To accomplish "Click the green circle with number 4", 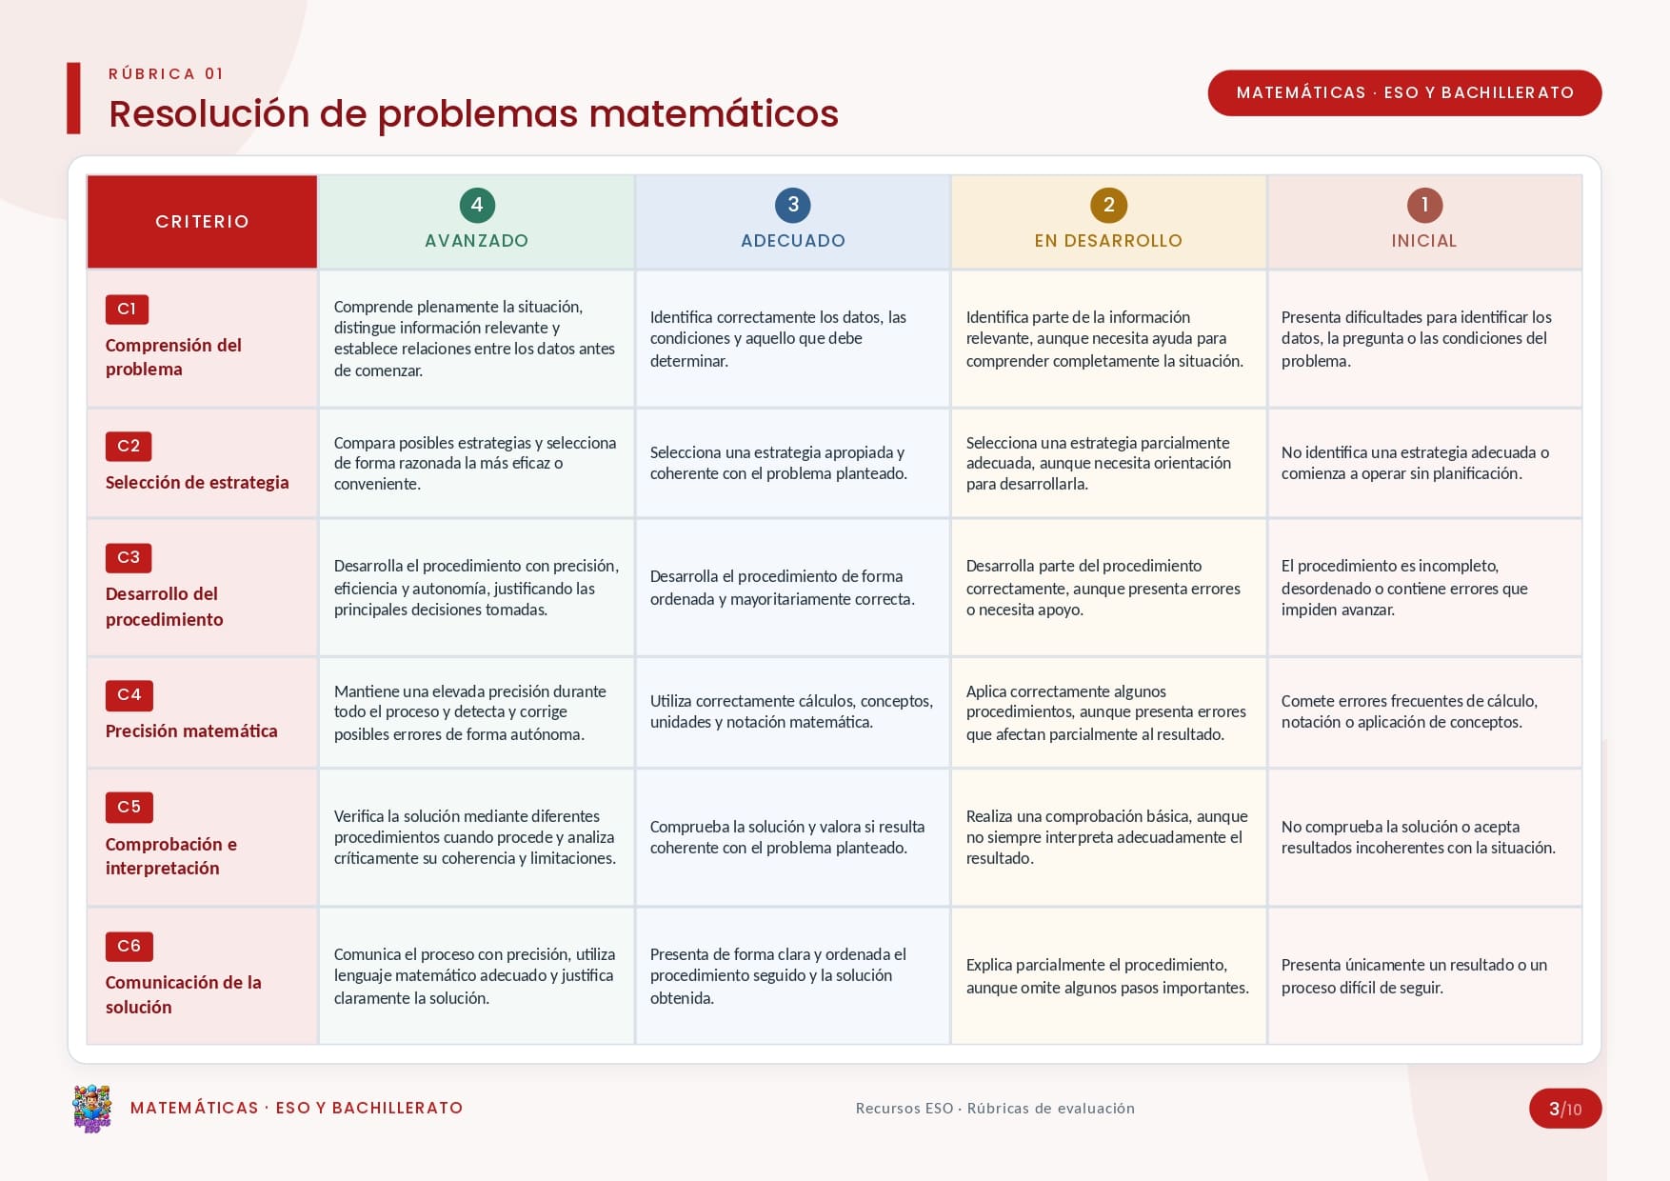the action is pos(477,205).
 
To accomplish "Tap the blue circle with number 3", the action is pos(793,205).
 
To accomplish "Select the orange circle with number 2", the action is pos(1109,205).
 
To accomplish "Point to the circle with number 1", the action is pos(1424,205).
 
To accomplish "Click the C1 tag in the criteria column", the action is pos(127,309).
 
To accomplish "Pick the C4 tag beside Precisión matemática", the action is pos(129,695).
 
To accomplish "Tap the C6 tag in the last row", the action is pos(129,946).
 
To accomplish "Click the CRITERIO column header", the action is pos(202,222).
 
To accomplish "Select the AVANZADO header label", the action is pos(477,241).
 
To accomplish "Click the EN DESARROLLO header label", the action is pos(1109,241).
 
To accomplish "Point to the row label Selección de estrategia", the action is pos(197,482).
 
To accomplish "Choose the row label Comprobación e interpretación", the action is pos(171,856).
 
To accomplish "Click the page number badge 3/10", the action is pos(1565,1109).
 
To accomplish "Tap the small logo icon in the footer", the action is pos(92,1109).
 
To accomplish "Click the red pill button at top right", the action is pos(1404,93).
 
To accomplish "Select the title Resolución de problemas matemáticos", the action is pos(473,114).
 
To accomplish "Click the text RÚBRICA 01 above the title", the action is pos(166,74).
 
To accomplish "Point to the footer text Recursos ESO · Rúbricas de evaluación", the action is pos(995,1109).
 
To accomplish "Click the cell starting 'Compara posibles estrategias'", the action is pos(475,463).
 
